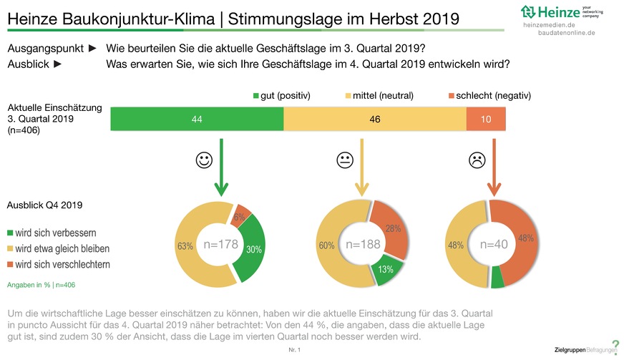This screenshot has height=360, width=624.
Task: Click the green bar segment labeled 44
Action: click(x=197, y=119)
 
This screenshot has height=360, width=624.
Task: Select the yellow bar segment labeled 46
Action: click(x=374, y=119)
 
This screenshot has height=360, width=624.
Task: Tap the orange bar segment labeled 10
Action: click(x=486, y=119)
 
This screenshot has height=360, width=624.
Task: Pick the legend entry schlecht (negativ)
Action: click(x=488, y=94)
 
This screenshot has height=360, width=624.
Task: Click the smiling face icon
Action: click(x=203, y=161)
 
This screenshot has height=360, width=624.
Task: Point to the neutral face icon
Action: click(x=345, y=161)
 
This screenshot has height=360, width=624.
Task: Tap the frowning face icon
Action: click(x=477, y=161)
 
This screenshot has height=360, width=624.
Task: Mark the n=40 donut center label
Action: click(x=493, y=245)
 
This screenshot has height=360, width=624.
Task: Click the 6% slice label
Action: click(x=238, y=216)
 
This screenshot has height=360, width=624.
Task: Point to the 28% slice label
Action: click(x=393, y=228)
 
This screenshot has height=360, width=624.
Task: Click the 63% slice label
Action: click(x=185, y=246)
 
